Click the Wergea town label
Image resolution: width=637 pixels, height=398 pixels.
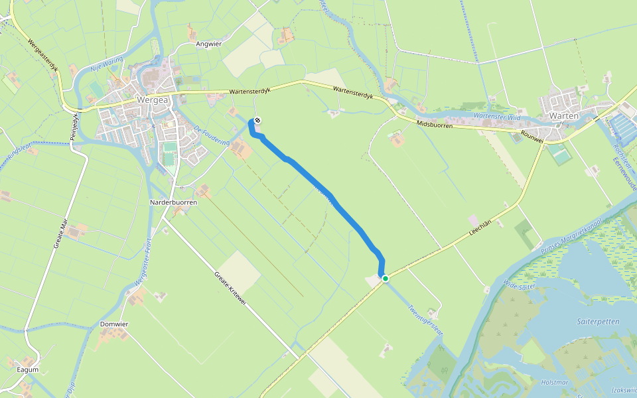pos(151,100)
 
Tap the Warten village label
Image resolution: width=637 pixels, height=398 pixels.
pos(565,115)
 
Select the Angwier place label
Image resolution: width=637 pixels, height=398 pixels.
pos(209,44)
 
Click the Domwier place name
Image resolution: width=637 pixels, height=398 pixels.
pos(113,324)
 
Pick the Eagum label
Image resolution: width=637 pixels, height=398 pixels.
pos(28,369)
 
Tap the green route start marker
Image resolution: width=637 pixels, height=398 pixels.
pos(385,279)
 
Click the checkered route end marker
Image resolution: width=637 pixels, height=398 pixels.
pos(257,120)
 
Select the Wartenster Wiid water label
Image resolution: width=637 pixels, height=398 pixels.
pos(498,117)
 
